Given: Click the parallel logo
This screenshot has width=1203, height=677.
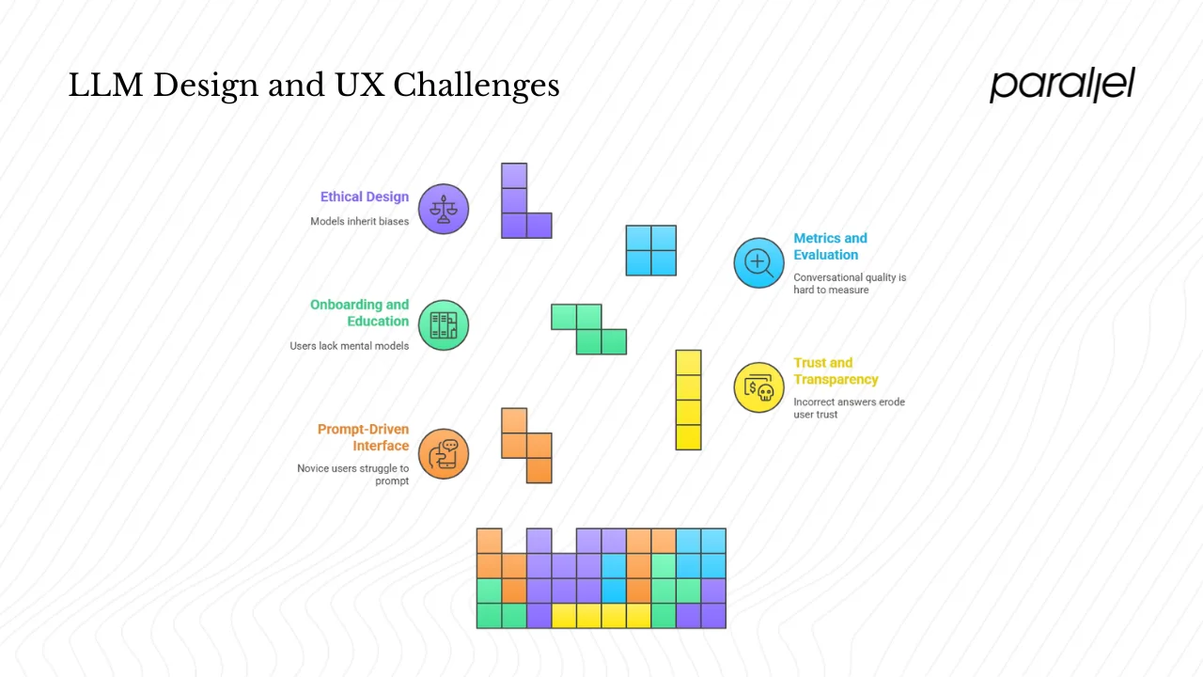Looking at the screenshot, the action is tap(1062, 85).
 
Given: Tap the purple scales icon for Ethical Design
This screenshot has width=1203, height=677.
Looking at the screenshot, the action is tap(443, 209).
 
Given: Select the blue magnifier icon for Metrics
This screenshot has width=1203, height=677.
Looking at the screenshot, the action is tap(758, 262).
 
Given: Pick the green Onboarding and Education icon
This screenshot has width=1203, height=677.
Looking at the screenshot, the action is tap(443, 325).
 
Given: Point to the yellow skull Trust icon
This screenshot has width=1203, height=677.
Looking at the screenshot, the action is tap(758, 387).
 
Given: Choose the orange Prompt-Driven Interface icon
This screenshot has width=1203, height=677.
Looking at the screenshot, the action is tap(443, 453).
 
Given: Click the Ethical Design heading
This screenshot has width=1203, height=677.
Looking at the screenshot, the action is tap(365, 197).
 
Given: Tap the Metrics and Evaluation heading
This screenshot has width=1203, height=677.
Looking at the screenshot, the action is tap(830, 246).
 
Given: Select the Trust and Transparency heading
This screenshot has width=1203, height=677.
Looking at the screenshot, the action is tap(836, 371).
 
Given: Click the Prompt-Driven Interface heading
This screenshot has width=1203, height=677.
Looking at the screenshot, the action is tap(363, 437).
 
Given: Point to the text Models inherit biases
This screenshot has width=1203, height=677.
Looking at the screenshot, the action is tap(360, 222).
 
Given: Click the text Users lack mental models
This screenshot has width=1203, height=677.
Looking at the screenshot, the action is tap(350, 346).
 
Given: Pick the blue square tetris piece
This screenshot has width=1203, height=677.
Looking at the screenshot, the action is tap(651, 250).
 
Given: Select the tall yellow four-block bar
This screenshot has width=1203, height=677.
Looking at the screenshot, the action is tap(688, 400).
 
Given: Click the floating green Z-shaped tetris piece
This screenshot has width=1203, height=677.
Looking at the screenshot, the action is tap(589, 329).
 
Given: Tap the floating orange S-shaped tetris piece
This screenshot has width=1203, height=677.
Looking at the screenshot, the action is tap(527, 445).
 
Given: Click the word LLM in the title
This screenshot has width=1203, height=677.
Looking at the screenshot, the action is tap(105, 87).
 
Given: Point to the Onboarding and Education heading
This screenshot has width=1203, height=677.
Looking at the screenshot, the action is tap(360, 313).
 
